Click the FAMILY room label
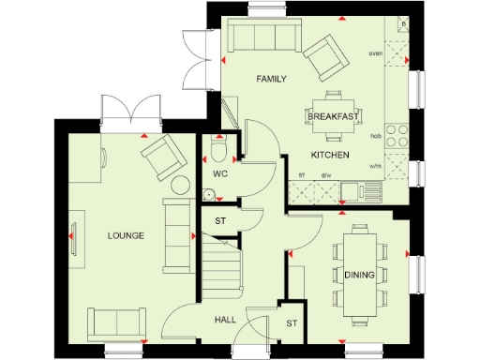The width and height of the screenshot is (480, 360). pyautogui.click(x=271, y=80)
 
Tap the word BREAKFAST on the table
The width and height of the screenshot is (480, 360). pyautogui.click(x=333, y=116)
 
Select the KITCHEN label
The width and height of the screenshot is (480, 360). pyautogui.click(x=331, y=154)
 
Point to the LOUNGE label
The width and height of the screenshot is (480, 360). pyautogui.click(x=125, y=235)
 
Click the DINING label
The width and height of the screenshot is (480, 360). pyautogui.click(x=359, y=275)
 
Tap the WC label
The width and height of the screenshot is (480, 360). pyautogui.click(x=220, y=174)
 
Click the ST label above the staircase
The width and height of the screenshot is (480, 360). pyautogui.click(x=220, y=221)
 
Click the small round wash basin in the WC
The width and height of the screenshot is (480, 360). pyautogui.click(x=211, y=195)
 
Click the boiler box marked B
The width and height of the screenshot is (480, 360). pyautogui.click(x=402, y=25)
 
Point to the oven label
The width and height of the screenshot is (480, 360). pyautogui.click(x=376, y=53)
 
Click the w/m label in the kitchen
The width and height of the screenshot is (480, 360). pyautogui.click(x=376, y=166)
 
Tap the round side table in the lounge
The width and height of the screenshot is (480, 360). pyautogui.click(x=180, y=185)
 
